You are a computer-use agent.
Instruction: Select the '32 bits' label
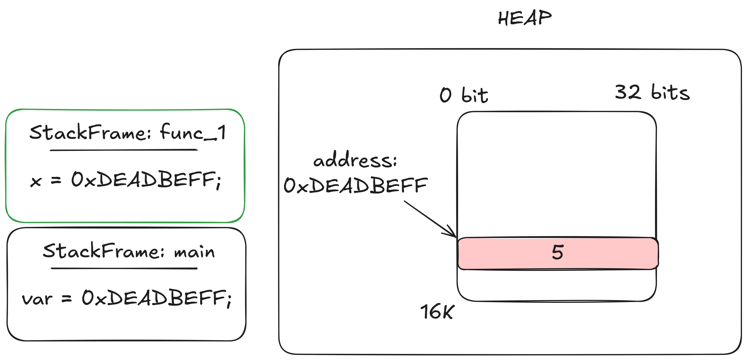pyautogui.click(x=652, y=92)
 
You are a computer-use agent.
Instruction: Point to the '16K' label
pyautogui.click(x=437, y=312)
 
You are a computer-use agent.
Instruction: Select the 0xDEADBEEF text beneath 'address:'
pyautogui.click(x=355, y=186)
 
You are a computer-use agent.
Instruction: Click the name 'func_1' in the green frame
pyautogui.click(x=193, y=133)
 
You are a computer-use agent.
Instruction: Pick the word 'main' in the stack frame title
pyautogui.click(x=194, y=252)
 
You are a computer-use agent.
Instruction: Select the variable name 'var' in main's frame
pyautogui.click(x=37, y=299)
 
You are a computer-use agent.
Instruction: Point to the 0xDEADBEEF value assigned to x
pyautogui.click(x=146, y=180)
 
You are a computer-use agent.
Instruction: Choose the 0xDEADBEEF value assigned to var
pyautogui.click(x=157, y=298)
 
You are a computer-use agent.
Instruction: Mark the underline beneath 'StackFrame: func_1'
pyautogui.click(x=123, y=150)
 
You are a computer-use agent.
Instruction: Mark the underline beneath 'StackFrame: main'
pyautogui.click(x=124, y=269)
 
